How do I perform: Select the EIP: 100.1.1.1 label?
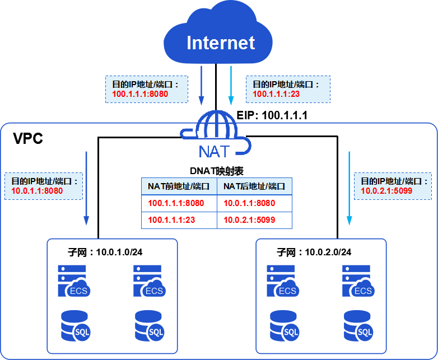pyautogui.click(x=272, y=115)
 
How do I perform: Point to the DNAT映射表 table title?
pyautogui.click(x=216, y=170)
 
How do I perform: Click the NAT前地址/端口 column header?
pyautogui.click(x=179, y=186)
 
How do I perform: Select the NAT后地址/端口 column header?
pyautogui.click(x=254, y=186)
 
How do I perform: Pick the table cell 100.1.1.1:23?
pyautogui.click(x=171, y=220)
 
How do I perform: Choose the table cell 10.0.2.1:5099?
pyautogui.click(x=249, y=220)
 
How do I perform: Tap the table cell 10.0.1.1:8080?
pyautogui.click(x=249, y=203)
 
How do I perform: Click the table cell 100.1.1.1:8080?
pyautogui.click(x=176, y=203)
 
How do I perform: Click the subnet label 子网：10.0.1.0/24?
pyautogui.click(x=96, y=253)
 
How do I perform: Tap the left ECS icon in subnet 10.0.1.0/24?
pyautogui.click(x=73, y=282)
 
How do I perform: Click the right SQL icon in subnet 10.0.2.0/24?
pyautogui.click(x=359, y=326)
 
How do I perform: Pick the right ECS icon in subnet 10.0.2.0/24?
pyautogui.click(x=358, y=282)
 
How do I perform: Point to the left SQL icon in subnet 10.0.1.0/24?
pyautogui.click(x=76, y=326)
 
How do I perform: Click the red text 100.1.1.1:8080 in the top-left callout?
pyautogui.click(x=139, y=94)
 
